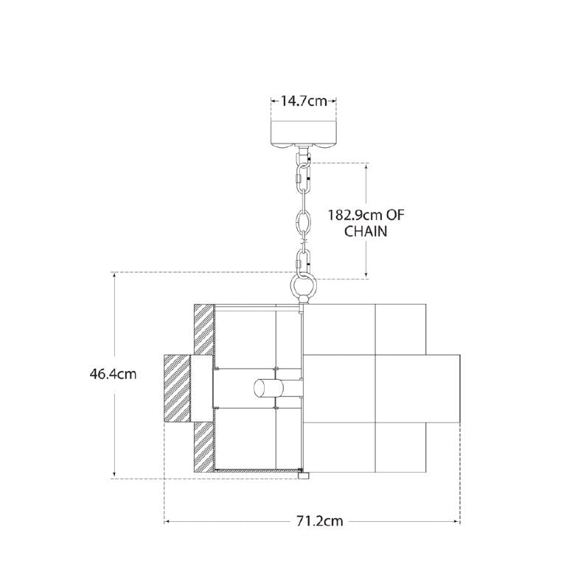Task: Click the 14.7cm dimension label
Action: click(x=304, y=101)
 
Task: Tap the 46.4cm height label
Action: click(x=113, y=374)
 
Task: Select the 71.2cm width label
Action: click(x=320, y=521)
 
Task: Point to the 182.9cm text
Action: click(x=355, y=215)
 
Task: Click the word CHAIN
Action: click(x=366, y=232)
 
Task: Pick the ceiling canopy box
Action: click(x=304, y=133)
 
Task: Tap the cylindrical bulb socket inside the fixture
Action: click(x=268, y=388)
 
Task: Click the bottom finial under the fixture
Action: click(x=304, y=475)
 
